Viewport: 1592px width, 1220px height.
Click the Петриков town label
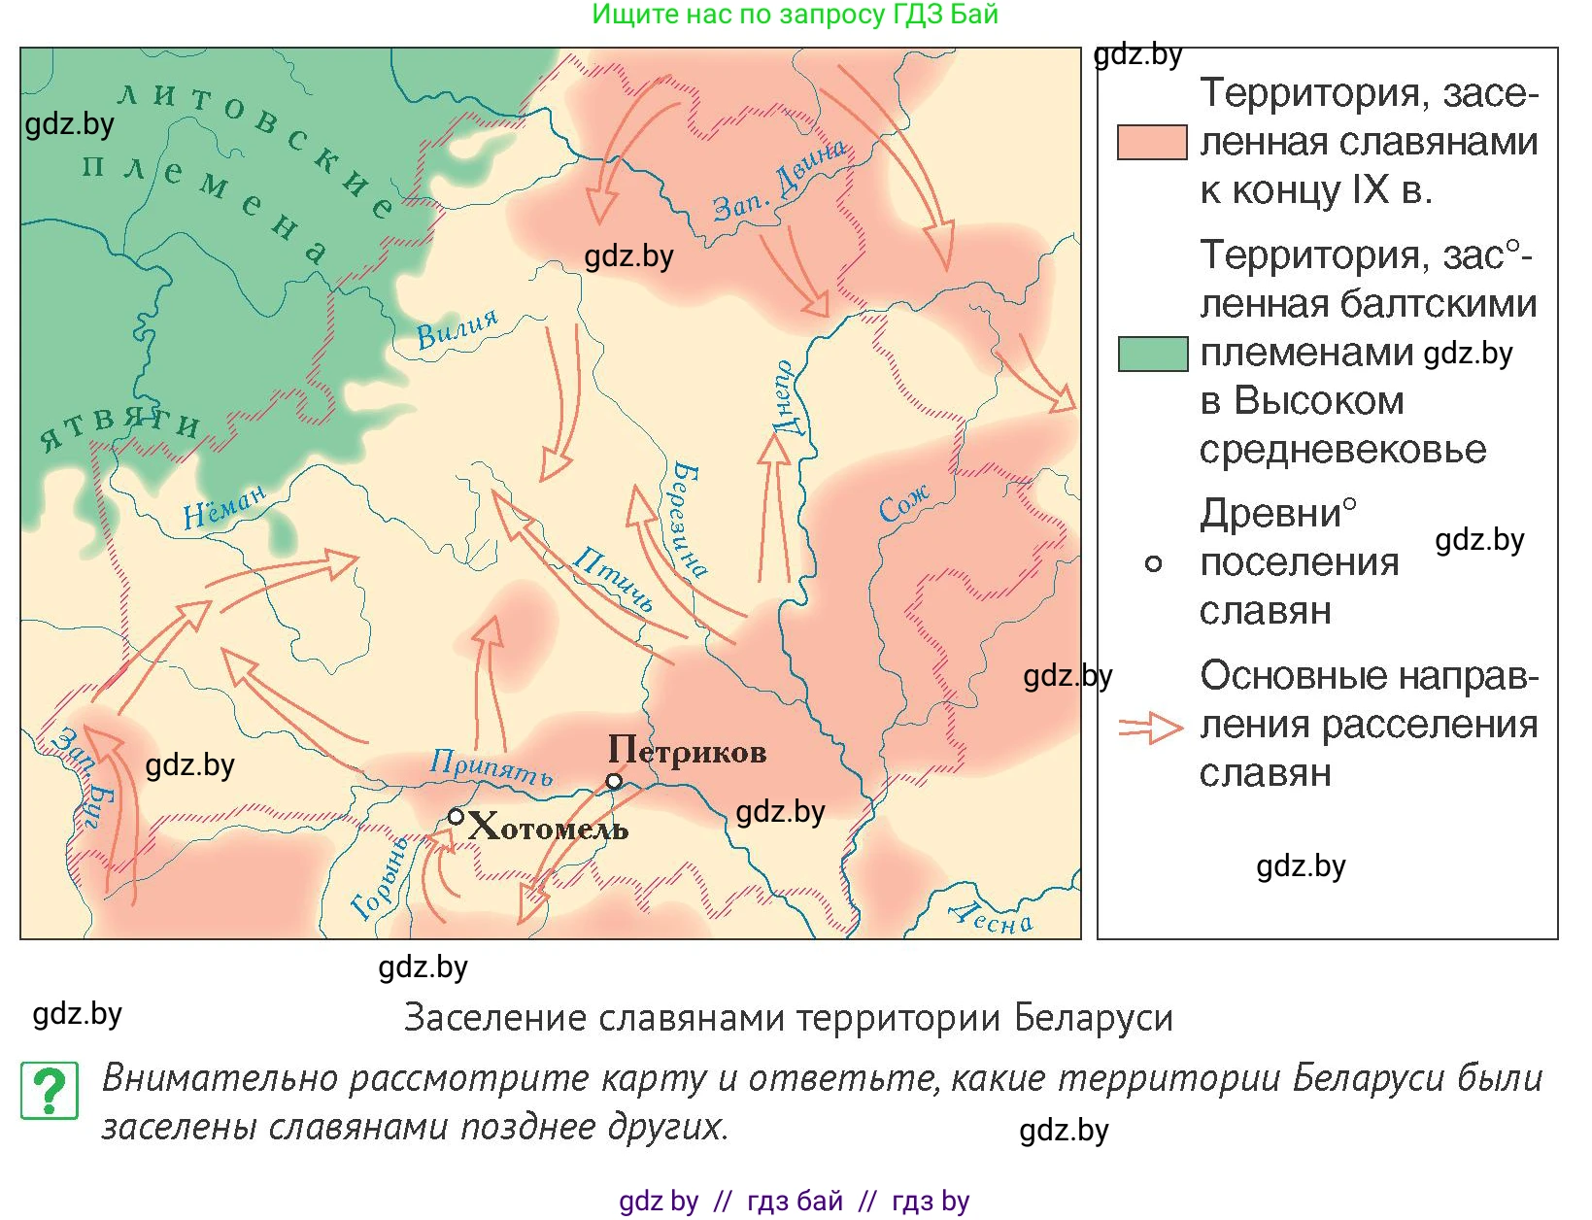[x=687, y=751]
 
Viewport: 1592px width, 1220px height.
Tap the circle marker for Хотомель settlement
[x=456, y=817]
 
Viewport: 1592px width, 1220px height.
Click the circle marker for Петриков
[x=614, y=781]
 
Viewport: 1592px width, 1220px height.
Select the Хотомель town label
[x=548, y=828]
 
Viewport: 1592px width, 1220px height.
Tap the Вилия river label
[x=457, y=328]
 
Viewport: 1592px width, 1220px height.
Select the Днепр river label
[x=785, y=398]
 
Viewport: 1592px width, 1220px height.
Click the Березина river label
[x=689, y=520]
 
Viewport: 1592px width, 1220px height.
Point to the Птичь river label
[x=612, y=578]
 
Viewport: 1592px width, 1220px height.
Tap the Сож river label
[x=903, y=504]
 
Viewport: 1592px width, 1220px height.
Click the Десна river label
[x=991, y=917]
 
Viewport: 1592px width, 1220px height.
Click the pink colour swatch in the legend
[x=1152, y=142]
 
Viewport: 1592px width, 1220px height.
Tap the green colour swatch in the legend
[x=1152, y=354]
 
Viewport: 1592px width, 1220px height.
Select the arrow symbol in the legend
[x=1150, y=728]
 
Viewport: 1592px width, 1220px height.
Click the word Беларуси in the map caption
[x=1093, y=1018]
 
